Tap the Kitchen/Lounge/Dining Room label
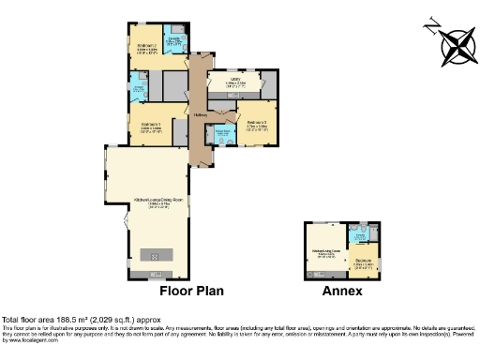coord(150,201)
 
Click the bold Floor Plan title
coord(191,292)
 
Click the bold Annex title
coord(342,292)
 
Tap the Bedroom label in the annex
coord(364,262)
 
